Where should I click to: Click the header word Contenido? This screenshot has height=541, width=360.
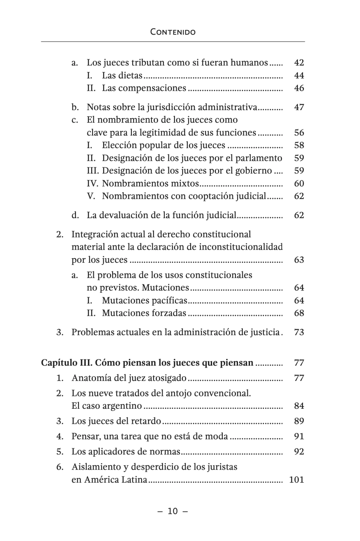point(173,32)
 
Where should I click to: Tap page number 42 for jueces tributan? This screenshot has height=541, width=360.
point(299,63)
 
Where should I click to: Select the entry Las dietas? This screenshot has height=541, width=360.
point(122,75)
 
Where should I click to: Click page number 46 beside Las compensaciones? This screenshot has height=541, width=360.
point(299,88)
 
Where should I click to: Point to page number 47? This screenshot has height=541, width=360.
point(299,107)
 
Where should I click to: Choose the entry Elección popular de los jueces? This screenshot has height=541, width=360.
point(163,145)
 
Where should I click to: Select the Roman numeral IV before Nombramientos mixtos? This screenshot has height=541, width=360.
point(92,183)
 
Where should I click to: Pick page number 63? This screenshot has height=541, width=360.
point(299,260)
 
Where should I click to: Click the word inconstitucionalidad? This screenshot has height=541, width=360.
point(241,247)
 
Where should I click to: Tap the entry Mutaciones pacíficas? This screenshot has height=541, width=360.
point(144,300)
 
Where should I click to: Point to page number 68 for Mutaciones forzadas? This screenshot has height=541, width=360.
point(299,313)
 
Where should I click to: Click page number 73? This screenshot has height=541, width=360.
point(299,332)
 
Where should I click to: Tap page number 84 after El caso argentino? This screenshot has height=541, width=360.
point(299,406)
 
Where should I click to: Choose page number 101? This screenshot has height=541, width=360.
point(296,480)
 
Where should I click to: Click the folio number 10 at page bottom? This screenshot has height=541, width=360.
point(173,511)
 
